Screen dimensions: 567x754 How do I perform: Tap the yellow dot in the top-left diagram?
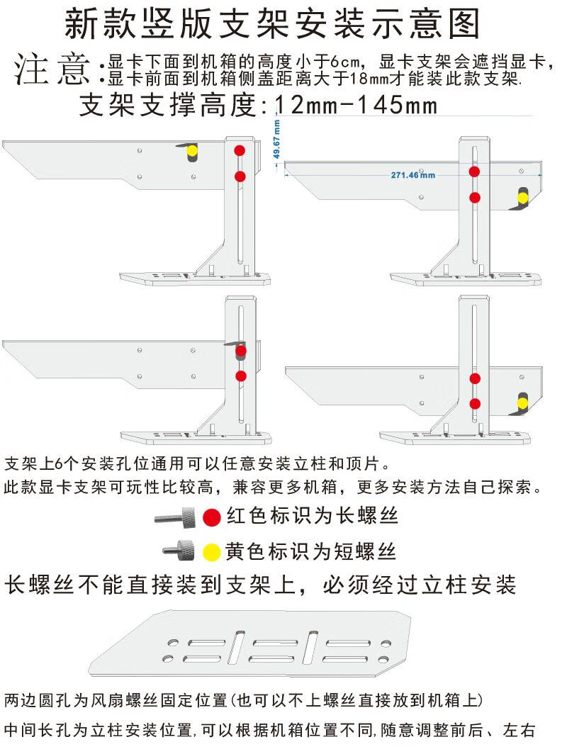click(x=192, y=150)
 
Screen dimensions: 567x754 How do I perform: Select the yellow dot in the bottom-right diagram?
click(x=522, y=403)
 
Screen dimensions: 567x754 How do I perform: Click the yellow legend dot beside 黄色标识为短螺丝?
click(x=210, y=551)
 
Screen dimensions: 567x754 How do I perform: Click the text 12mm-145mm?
click(x=355, y=106)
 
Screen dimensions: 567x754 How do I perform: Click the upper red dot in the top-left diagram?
click(x=240, y=150)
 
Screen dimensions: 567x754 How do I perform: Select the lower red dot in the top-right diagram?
click(x=475, y=197)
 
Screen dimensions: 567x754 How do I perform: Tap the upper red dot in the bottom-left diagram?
click(x=241, y=350)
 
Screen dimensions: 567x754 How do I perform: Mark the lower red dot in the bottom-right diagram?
click(x=475, y=403)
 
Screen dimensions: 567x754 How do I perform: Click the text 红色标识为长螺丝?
click(x=313, y=517)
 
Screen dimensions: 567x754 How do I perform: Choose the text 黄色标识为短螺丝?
click(x=311, y=551)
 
